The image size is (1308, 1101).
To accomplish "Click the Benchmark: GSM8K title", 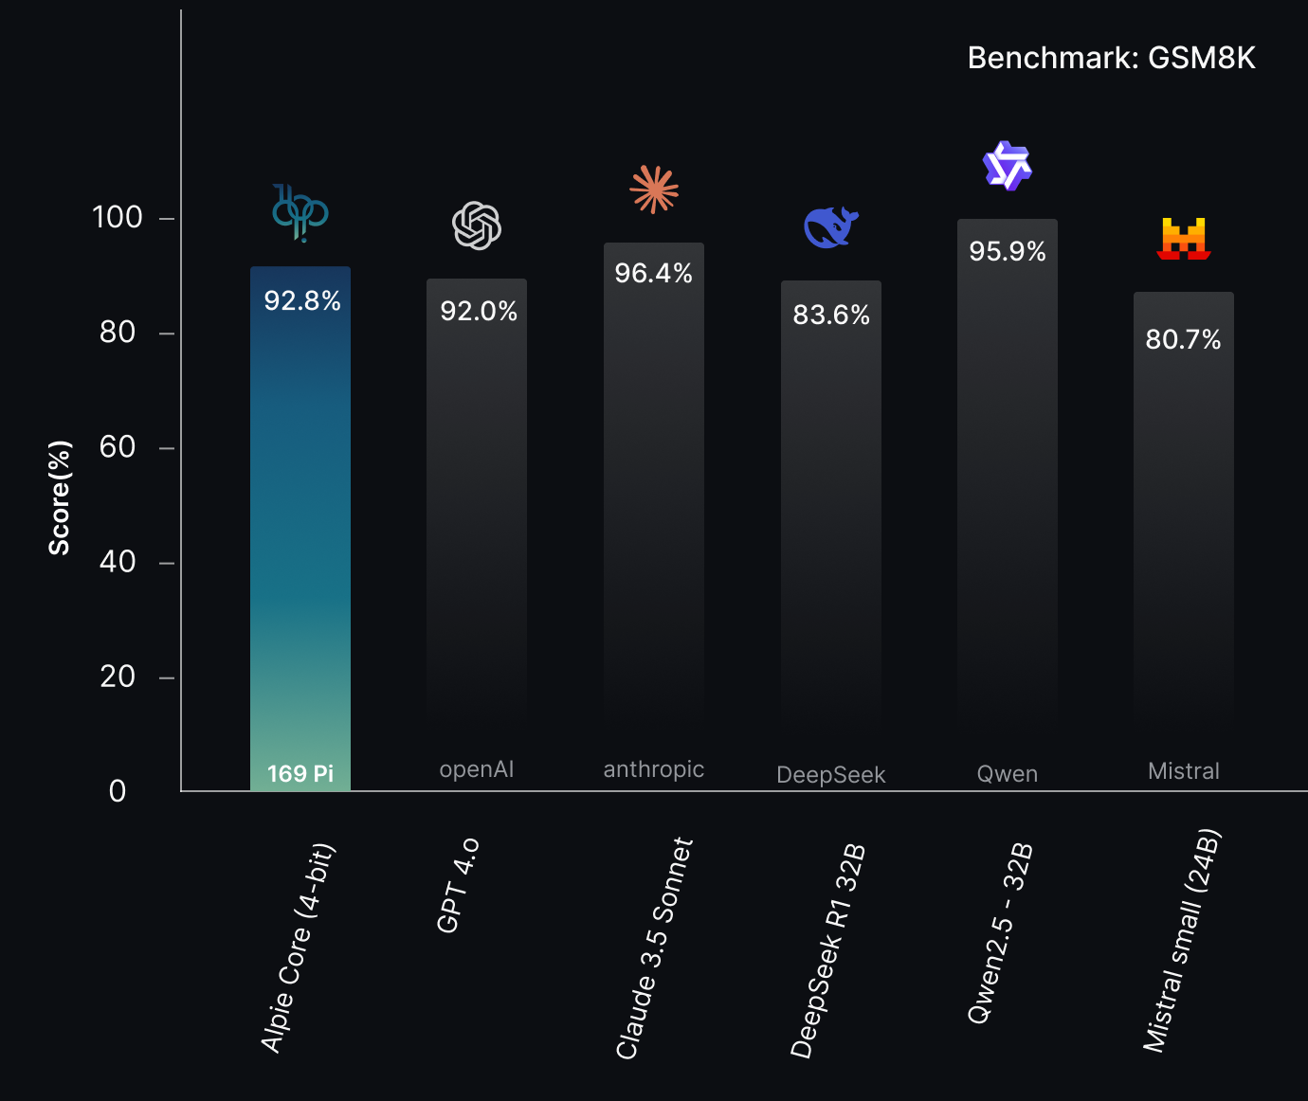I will click(x=1111, y=58).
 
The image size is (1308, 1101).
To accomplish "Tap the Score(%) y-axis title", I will click(x=60, y=497).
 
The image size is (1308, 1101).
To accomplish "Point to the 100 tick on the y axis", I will click(x=118, y=218).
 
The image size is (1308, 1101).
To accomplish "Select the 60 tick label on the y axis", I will click(x=118, y=447).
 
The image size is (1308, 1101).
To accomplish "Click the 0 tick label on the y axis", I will click(x=118, y=791).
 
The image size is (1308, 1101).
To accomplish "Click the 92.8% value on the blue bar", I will click(x=301, y=301).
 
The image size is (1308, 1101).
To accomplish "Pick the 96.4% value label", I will click(x=653, y=274).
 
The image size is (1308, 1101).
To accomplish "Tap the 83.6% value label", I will click(x=831, y=316).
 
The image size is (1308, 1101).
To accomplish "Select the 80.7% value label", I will click(x=1183, y=339).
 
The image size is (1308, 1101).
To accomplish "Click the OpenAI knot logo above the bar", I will click(x=477, y=226).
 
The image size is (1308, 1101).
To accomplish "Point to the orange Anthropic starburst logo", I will click(x=654, y=190).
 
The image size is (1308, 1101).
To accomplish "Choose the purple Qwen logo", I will click(x=1007, y=167).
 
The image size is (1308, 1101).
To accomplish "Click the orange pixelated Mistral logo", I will click(x=1184, y=239).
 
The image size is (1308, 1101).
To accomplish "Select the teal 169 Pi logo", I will click(x=300, y=213).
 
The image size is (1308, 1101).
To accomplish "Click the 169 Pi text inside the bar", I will click(x=300, y=774).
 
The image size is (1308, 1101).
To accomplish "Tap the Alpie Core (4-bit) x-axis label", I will click(x=298, y=948).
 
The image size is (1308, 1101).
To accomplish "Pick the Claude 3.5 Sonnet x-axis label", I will click(x=655, y=948).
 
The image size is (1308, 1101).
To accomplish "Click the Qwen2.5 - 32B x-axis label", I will click(x=1000, y=933).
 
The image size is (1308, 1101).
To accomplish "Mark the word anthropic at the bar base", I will click(x=654, y=769).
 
